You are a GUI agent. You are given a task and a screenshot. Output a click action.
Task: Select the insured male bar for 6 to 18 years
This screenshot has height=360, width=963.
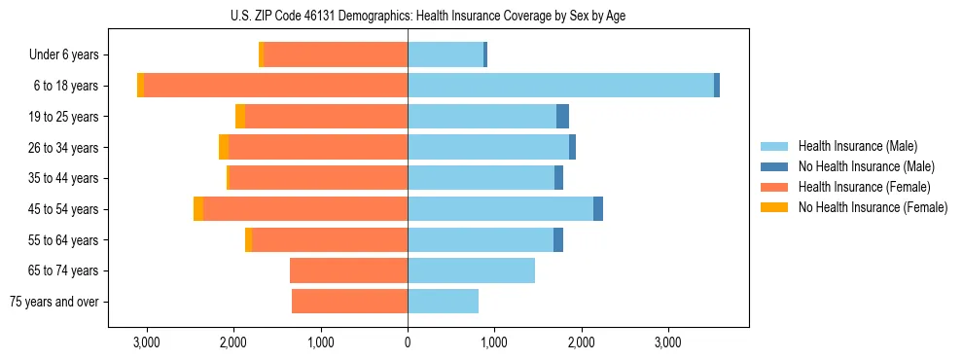560,86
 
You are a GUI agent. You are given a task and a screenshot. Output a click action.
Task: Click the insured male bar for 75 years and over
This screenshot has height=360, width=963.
443,302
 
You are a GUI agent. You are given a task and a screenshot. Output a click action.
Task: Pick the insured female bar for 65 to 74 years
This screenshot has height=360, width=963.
348,270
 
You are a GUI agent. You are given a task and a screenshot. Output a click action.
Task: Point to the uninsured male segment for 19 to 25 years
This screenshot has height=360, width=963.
562,117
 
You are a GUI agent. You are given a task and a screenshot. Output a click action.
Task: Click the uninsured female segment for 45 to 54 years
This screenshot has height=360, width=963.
198,209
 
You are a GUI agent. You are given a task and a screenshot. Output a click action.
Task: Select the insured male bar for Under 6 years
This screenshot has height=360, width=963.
446,55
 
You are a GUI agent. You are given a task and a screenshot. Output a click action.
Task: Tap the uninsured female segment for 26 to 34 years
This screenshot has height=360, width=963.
224,147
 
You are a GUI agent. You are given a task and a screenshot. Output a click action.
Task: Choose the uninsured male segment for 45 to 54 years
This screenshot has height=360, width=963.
598,209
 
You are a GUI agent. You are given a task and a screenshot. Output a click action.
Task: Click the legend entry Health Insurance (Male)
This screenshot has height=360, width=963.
857,146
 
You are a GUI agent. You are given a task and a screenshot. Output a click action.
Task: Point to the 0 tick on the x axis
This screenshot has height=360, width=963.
408,343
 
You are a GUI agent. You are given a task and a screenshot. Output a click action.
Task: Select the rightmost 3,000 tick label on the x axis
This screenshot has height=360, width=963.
668,343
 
